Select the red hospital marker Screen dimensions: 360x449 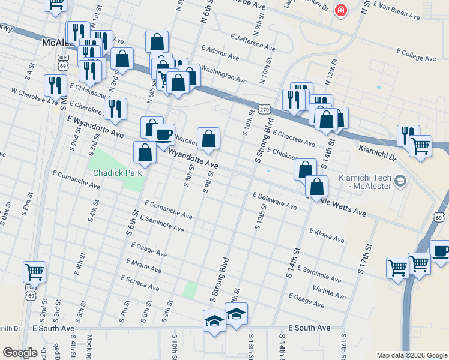pyautogui.click(x=341, y=11)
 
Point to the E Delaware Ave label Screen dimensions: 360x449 pyautogui.click(x=274, y=201)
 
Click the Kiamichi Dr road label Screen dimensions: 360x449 pyautogui.click(x=377, y=151)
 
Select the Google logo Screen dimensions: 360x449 pyautogui.click(x=20, y=352)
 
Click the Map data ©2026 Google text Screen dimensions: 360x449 pyautogui.click(x=411, y=355)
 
